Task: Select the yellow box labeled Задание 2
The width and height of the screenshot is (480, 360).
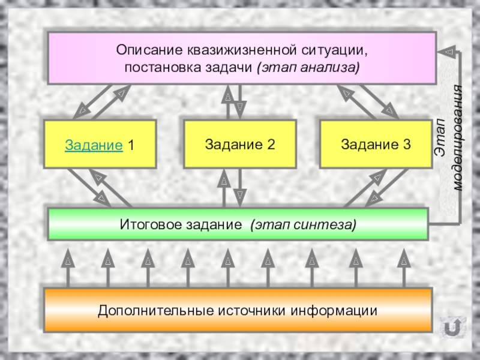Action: tap(239, 144)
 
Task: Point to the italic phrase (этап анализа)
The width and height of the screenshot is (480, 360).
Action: tap(308, 65)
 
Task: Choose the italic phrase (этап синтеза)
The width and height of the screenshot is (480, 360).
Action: tap(304, 224)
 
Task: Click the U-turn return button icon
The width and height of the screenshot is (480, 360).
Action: tap(452, 328)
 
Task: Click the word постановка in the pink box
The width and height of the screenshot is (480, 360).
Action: tap(157, 65)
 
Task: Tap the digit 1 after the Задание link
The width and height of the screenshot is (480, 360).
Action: tap(131, 145)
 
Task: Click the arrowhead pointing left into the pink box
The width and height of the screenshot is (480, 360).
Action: tap(445, 52)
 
